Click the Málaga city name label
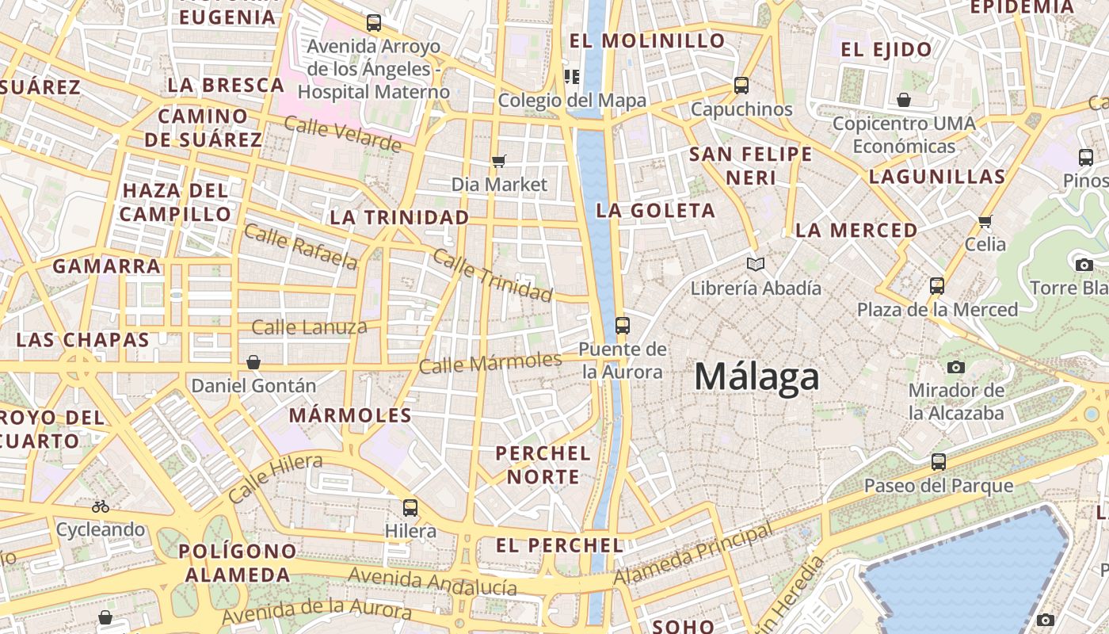(756, 376)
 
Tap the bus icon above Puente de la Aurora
(623, 325)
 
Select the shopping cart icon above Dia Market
(498, 162)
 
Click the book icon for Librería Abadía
(756, 264)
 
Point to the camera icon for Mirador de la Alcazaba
(956, 367)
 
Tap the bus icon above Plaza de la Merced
(937, 285)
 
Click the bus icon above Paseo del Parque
(939, 461)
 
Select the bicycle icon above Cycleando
(101, 506)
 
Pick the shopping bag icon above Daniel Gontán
(253, 362)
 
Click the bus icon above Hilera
(410, 507)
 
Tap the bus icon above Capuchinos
(741, 86)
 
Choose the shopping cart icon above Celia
(985, 221)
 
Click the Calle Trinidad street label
(492, 277)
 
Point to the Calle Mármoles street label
(490, 363)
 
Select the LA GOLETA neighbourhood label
(656, 211)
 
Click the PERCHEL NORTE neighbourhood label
(543, 465)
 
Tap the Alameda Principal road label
(693, 552)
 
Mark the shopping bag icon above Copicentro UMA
(904, 100)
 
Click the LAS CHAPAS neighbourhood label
(83, 340)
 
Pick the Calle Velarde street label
(342, 134)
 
